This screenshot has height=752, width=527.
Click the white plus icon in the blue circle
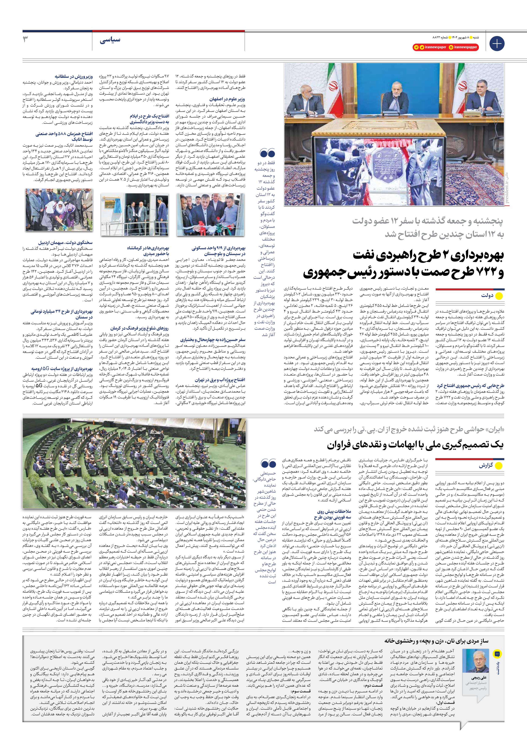[497, 44]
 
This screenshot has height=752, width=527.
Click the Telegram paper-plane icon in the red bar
[417, 48]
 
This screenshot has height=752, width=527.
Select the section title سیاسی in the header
[110, 40]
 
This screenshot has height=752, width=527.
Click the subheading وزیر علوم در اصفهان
[227, 99]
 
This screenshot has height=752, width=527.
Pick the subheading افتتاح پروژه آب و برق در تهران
[220, 380]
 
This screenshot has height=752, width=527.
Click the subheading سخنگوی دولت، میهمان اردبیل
[65, 243]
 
